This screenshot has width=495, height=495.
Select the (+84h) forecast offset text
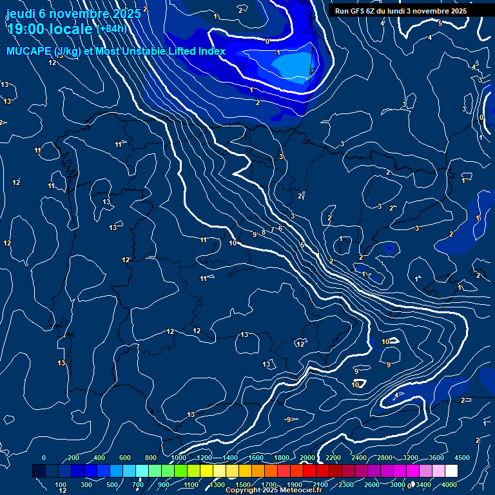pos(111,28)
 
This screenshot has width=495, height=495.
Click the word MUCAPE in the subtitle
pos(25,52)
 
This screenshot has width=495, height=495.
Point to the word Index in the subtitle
pos(211,52)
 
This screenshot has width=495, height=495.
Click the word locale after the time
pos(71,29)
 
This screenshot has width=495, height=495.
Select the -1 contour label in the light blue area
pos(277,52)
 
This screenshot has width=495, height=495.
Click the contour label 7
pos(273,230)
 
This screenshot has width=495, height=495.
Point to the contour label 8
pos(264,232)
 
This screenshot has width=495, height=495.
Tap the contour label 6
pos(280,228)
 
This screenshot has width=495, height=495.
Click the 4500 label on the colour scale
pos(461,458)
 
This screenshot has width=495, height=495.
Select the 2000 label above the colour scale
pos(307,458)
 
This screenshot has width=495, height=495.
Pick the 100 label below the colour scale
pos(61,485)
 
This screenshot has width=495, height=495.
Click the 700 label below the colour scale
pos(138,485)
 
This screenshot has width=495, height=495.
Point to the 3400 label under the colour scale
pos(423,485)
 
